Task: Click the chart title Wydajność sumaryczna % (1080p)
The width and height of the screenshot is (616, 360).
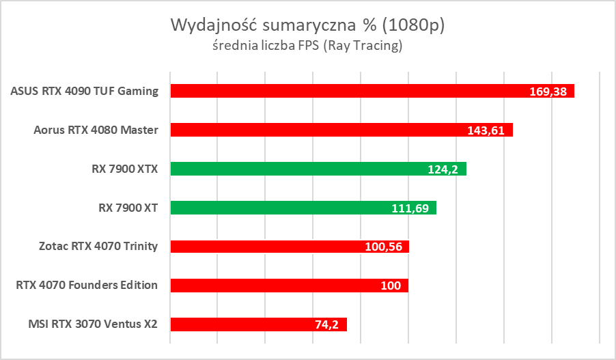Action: tap(307, 26)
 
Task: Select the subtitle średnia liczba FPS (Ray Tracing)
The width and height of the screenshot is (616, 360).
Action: tap(307, 46)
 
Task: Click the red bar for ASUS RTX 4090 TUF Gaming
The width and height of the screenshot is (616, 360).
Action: tap(341, 91)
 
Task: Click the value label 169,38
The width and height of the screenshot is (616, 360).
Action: tap(548, 92)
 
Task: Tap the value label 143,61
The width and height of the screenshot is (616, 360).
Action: tap(486, 130)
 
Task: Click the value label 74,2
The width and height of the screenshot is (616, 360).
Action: tap(327, 324)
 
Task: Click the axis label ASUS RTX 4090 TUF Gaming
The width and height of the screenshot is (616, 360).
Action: tap(84, 91)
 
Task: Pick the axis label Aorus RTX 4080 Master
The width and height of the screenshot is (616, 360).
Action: tap(96, 130)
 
